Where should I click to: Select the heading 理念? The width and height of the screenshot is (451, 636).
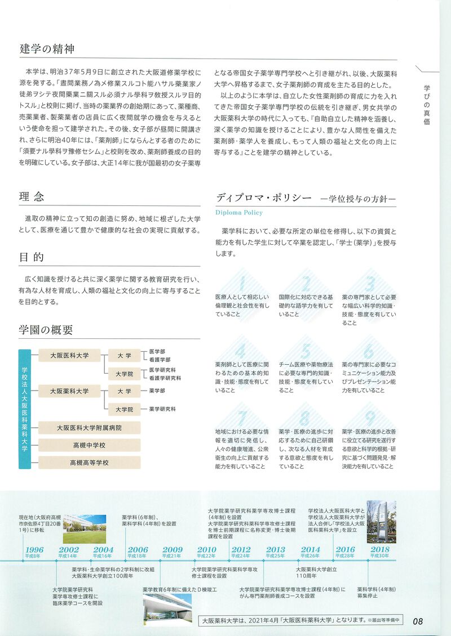click(x=32, y=196)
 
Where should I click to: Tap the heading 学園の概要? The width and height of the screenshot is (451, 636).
click(x=46, y=329)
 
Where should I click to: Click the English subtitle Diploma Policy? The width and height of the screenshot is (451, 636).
click(x=239, y=213)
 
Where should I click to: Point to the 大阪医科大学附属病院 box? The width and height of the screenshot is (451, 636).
click(x=89, y=428)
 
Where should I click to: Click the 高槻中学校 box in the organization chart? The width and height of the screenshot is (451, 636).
click(x=89, y=445)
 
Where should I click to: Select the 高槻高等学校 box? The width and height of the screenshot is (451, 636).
click(x=89, y=463)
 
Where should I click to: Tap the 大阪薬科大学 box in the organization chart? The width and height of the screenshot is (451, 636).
click(x=69, y=391)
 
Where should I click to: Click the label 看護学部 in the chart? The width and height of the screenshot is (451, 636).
click(x=160, y=359)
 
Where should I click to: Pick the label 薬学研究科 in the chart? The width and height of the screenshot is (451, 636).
click(x=162, y=409)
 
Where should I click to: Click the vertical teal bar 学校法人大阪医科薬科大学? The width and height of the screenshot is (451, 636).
click(x=24, y=409)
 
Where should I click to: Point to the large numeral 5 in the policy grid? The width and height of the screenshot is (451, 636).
click(x=307, y=352)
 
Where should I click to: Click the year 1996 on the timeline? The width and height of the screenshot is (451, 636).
click(x=34, y=550)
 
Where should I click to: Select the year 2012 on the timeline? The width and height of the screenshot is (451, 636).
click(x=241, y=550)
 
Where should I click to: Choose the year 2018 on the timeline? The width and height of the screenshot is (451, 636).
click(x=380, y=550)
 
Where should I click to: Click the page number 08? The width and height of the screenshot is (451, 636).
click(x=418, y=621)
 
